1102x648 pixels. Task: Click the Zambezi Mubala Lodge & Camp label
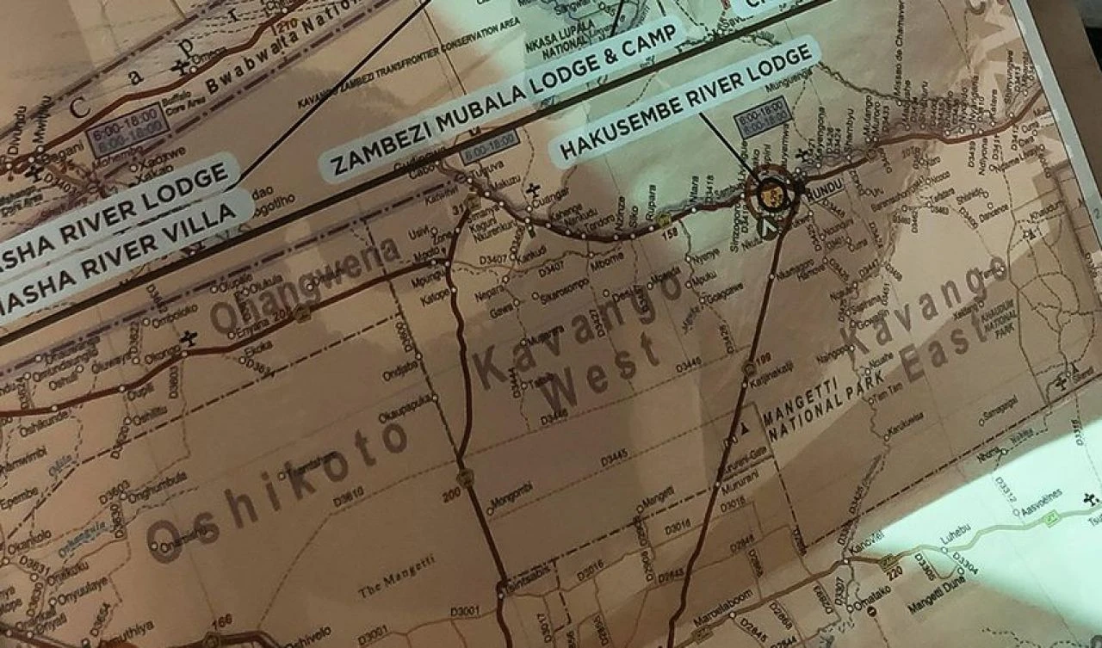pos(503,97)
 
